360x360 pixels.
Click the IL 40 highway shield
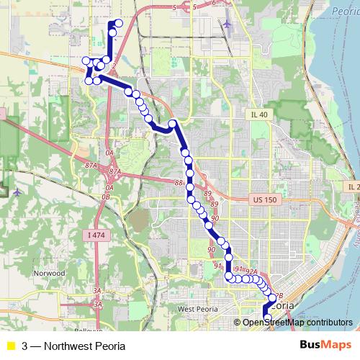pos(258,114)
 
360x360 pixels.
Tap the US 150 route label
pos(264,197)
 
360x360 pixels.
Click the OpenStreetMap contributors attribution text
pos(297,322)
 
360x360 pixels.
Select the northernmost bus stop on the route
pos(119,24)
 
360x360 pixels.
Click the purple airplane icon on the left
pos(18,192)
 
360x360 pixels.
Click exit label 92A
pos(251,271)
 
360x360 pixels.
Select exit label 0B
pos(107,196)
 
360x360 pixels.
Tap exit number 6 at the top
pos(213,3)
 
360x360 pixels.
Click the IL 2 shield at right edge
pos(352,187)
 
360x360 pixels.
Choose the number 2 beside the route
pos(114,66)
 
